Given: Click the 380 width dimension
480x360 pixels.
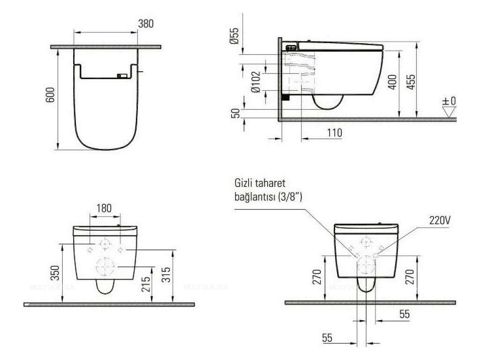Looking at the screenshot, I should click(146, 23).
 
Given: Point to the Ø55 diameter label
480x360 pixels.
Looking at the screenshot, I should click(234, 36).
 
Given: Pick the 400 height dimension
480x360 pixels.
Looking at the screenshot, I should click(393, 82).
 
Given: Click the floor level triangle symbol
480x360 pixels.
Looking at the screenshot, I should click(449, 112).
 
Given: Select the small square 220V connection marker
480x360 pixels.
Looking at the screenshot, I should click(376, 255).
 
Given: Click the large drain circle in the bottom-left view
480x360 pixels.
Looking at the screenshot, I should click(105, 267).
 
